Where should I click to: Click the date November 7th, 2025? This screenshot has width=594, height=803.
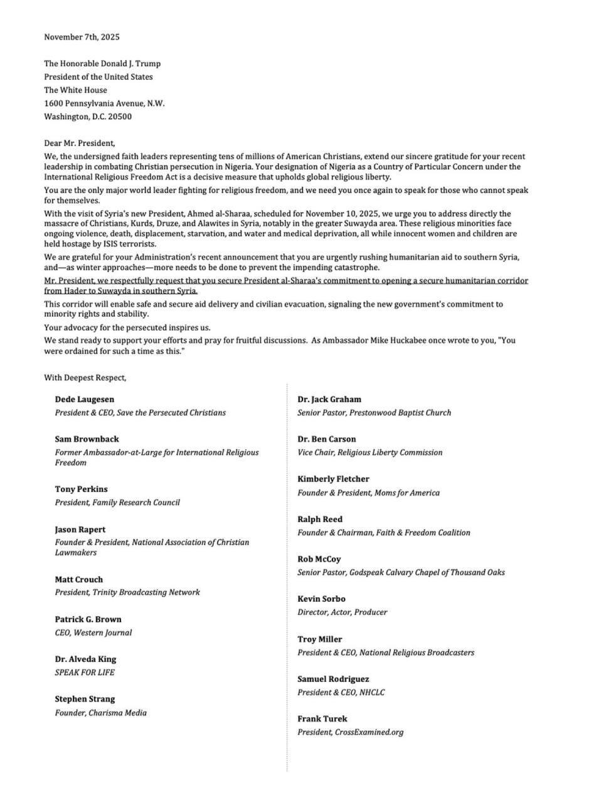82,37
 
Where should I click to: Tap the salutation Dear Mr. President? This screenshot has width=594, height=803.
79,143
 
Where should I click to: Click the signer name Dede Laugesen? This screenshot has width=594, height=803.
84,399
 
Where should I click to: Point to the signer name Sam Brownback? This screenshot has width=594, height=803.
87,439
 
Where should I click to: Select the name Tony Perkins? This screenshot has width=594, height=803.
81,489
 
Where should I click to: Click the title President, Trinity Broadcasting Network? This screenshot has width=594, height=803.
127,592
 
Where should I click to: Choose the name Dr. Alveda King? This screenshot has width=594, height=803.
85,659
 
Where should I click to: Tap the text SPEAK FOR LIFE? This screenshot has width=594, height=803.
85,673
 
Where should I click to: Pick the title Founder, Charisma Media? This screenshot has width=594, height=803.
100,713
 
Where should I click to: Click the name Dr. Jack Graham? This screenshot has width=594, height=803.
329,399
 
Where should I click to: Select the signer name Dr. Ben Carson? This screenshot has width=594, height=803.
327,439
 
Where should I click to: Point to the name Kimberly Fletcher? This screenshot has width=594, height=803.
333,479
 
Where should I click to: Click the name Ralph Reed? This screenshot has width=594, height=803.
320,519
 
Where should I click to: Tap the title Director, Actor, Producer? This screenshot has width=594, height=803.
342,612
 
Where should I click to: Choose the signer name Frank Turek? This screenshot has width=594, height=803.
322,719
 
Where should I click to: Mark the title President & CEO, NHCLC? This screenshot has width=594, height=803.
341,693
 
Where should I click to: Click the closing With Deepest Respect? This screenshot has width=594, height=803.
85,378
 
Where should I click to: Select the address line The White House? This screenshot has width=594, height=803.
75,90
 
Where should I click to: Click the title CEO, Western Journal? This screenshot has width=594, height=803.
93,632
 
